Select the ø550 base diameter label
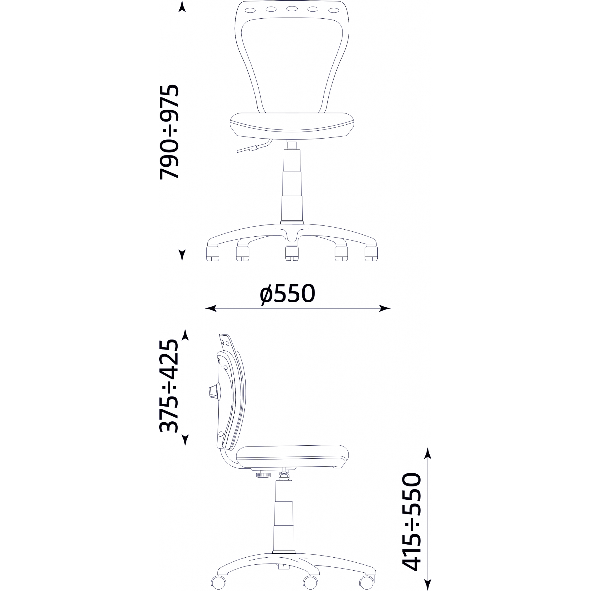287,294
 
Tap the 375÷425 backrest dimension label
169,386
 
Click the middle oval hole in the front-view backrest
292,9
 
